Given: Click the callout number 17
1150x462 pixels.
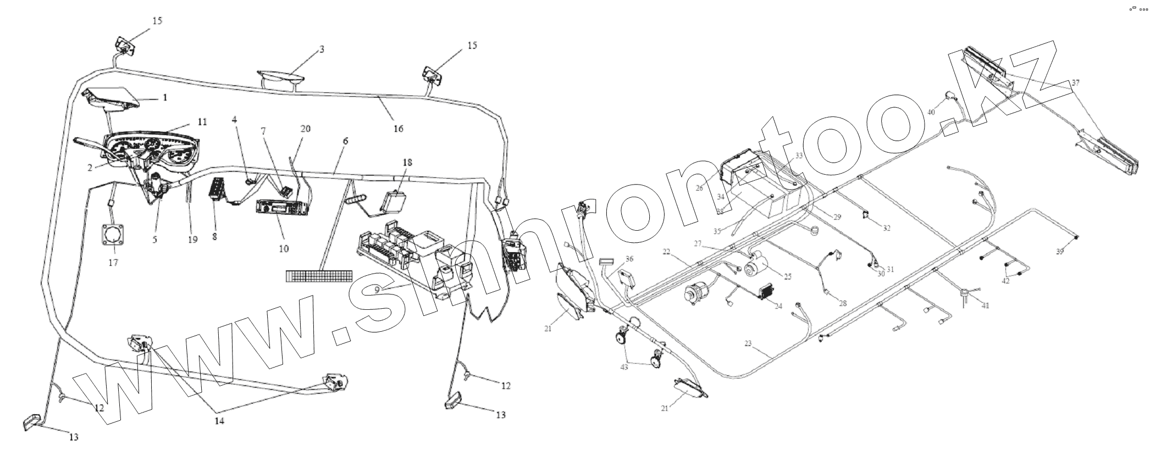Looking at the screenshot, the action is [x=113, y=263].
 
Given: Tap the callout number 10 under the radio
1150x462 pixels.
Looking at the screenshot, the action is [x=284, y=248].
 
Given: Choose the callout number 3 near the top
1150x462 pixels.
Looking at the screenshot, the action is [x=322, y=49].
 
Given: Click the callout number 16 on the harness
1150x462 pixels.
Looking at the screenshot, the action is [x=398, y=129].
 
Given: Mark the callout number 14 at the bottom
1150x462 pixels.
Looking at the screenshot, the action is [x=219, y=421].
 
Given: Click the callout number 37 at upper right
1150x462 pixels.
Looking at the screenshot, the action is [x=1075, y=84].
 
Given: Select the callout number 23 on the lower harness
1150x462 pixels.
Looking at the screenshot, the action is [x=748, y=344].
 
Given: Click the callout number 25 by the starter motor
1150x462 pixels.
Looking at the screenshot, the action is [x=787, y=277].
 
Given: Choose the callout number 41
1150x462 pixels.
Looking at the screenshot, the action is [x=985, y=305].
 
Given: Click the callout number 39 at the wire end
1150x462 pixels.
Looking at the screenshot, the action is [x=1059, y=252].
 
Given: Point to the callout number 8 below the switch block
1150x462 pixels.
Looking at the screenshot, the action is [x=214, y=237].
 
